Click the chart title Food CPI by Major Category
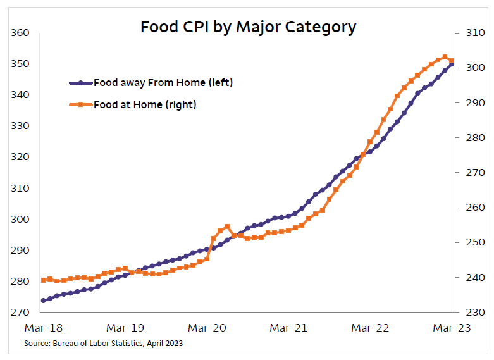248,27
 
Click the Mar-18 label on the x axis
43,328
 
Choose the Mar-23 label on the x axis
451,328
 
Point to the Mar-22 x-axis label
369,328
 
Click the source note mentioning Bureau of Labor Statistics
104,343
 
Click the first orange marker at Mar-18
44,280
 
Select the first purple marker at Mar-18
44,301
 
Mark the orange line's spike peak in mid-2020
226,226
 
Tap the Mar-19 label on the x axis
125,328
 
